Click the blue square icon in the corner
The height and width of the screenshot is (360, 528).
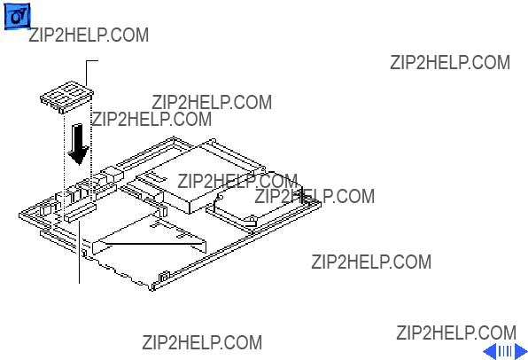17,16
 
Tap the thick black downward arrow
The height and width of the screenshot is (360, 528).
79,144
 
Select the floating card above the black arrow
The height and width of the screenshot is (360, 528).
66,97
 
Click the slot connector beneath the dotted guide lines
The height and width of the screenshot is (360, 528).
80,212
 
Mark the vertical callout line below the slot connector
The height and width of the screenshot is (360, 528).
80,252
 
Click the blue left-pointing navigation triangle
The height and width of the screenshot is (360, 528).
490,351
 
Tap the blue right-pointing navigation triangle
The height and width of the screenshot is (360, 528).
520,351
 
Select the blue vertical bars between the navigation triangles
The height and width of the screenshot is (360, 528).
505,351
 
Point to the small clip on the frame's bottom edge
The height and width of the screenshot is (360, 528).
164,277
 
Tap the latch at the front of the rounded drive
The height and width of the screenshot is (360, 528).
250,221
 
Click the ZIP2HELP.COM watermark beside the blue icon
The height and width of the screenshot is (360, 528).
89,35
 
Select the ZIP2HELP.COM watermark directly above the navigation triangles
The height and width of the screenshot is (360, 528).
456,333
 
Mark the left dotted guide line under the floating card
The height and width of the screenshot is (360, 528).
64,161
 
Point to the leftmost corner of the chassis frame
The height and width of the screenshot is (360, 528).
19,215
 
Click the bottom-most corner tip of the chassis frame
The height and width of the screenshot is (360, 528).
151,290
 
